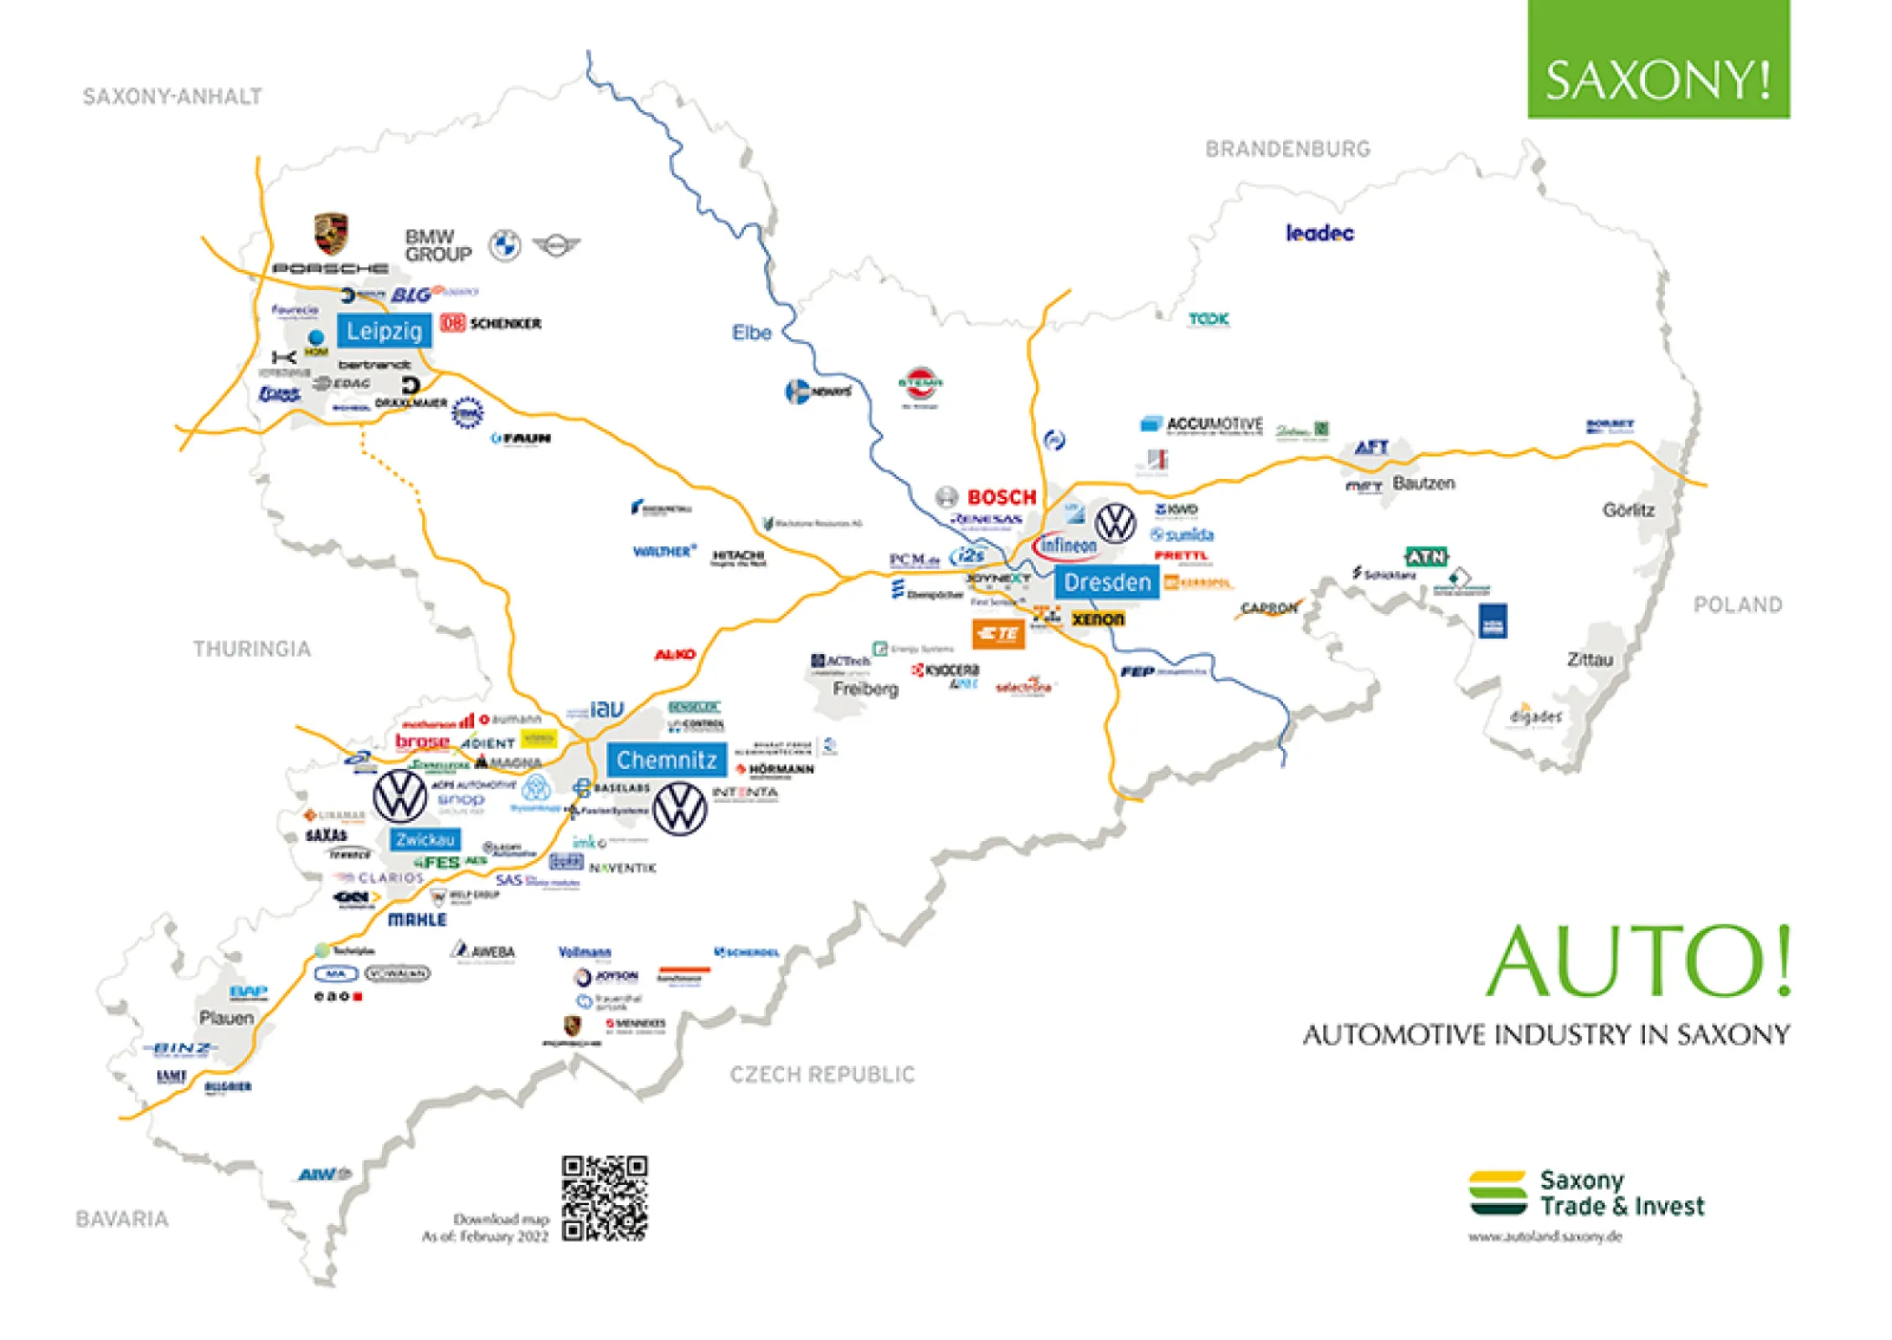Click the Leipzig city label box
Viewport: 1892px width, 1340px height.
tap(384, 331)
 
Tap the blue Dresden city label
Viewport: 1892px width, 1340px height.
tap(1107, 582)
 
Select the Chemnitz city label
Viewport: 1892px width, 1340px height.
tap(667, 760)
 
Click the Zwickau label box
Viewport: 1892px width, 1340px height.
tap(425, 839)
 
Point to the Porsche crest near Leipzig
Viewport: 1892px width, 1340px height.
tap(331, 234)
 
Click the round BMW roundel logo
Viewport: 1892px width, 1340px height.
tap(505, 246)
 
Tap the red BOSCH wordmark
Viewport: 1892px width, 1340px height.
tap(1002, 497)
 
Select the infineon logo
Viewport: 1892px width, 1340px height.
tap(1065, 546)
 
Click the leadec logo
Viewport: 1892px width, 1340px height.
tap(1319, 234)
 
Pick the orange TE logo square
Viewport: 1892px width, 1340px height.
tap(998, 634)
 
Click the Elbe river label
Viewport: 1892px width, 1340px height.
tap(751, 333)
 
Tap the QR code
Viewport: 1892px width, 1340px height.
tap(604, 1198)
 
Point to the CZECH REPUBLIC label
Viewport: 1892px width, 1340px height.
tap(822, 1075)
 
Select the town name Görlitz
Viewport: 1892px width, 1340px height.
tap(1627, 510)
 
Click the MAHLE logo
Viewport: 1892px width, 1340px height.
tap(417, 920)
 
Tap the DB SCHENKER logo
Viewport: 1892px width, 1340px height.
tap(491, 323)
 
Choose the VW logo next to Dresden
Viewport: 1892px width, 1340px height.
tap(1116, 523)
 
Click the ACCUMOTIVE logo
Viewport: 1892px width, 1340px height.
tap(1202, 425)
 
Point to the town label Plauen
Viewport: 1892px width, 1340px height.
tap(226, 1018)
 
